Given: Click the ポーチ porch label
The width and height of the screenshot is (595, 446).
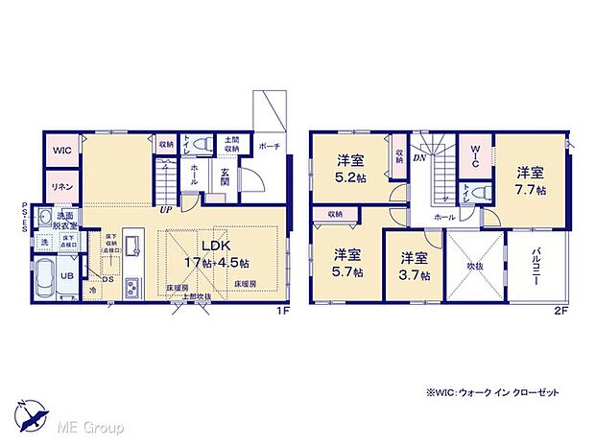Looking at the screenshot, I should point(270,147).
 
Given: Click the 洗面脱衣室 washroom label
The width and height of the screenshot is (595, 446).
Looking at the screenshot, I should point(65,221).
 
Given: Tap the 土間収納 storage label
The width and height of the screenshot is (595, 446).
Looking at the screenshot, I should point(232,145).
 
